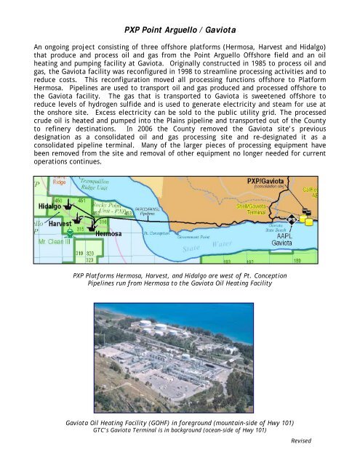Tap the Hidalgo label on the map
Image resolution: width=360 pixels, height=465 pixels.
pos(49,206)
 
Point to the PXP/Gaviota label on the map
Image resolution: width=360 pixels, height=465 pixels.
pos(268,179)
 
